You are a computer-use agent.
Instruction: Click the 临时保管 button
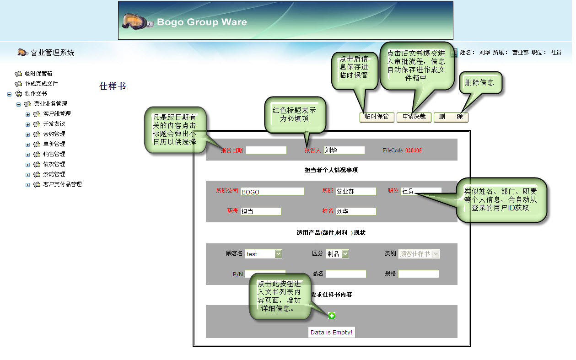(377, 117)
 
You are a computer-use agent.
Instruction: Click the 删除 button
(451, 117)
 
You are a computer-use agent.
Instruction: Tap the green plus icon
(332, 316)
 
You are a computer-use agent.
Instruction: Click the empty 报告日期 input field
(266, 150)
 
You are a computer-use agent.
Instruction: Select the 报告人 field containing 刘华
(344, 150)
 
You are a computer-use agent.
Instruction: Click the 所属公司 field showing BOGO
(272, 191)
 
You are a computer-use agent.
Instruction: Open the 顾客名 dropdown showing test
(264, 254)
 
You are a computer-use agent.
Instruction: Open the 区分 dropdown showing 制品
(337, 254)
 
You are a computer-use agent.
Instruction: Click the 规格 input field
(418, 274)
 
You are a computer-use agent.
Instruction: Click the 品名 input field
(345, 274)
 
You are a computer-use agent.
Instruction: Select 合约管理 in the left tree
(54, 134)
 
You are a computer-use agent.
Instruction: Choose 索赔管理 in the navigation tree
(54, 174)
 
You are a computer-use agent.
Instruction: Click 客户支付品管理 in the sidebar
(62, 184)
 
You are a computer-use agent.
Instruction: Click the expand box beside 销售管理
(27, 155)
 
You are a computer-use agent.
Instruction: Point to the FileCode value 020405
(413, 150)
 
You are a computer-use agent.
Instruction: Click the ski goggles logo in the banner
(138, 21)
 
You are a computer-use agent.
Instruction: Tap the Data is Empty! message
(331, 333)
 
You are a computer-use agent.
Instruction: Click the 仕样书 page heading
(113, 86)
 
